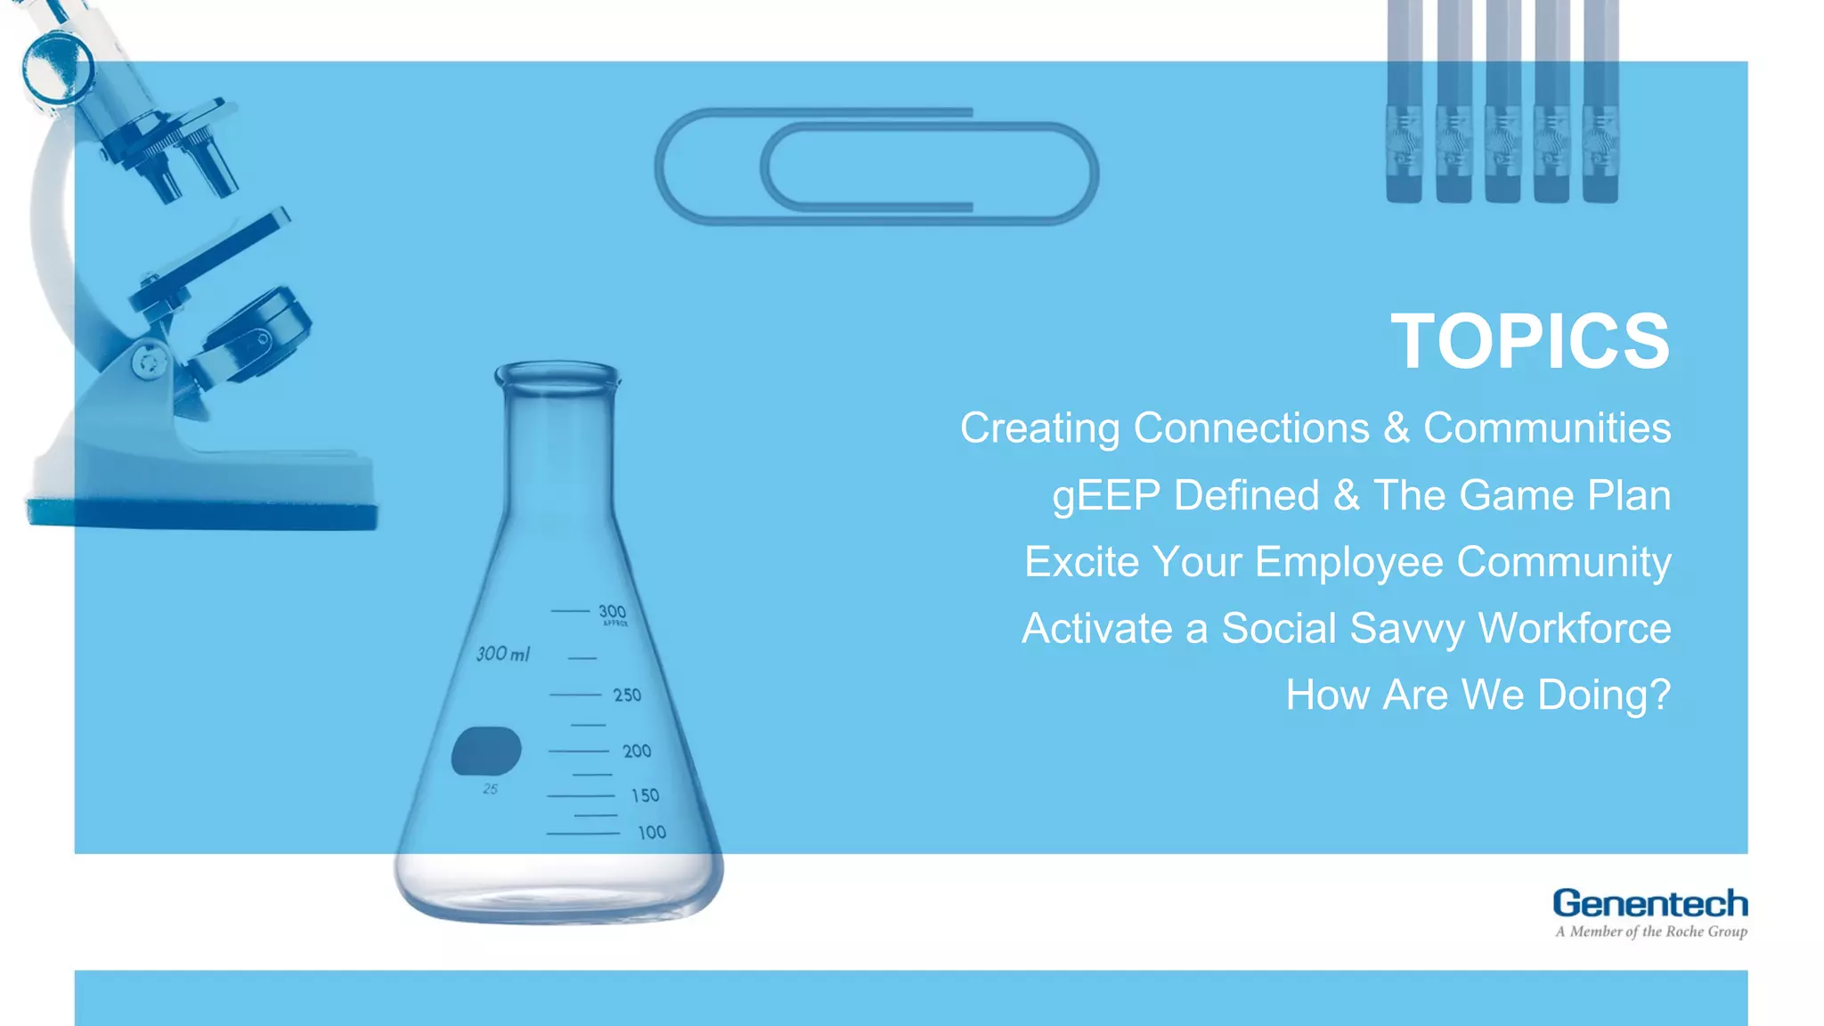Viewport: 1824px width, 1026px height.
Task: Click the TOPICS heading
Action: point(1529,342)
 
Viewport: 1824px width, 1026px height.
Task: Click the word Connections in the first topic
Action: point(1251,428)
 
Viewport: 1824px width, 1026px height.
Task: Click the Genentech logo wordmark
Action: point(1649,903)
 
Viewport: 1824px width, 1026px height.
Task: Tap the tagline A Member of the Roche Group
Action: point(1650,932)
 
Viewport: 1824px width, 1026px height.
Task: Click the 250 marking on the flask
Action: point(627,695)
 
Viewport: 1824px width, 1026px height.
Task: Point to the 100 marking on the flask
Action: point(651,833)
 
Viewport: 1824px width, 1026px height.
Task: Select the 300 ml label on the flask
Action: point(502,654)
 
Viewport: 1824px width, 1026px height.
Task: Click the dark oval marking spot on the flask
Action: point(485,751)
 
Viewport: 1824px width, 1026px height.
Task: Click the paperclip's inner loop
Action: point(926,168)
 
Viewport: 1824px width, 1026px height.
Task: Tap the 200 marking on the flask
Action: point(637,751)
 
